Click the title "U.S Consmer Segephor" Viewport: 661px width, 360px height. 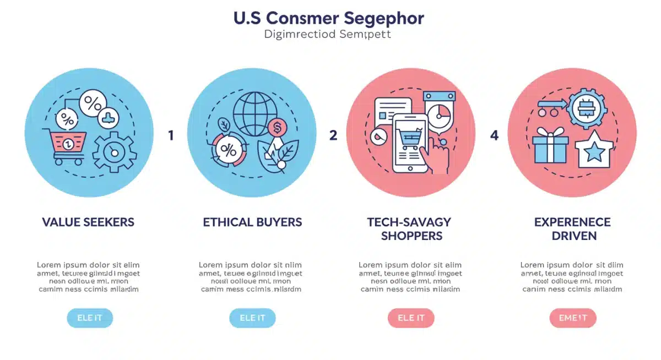tap(329, 18)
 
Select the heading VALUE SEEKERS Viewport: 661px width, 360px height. tap(88, 222)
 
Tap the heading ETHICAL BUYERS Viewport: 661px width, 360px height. tap(252, 222)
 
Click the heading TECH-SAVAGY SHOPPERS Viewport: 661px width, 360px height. tap(409, 229)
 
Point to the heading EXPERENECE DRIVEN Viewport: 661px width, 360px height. tap(572, 229)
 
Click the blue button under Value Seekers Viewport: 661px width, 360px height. tap(90, 318)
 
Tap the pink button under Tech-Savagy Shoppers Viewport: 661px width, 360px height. tap(411, 318)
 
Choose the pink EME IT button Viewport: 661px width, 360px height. tap(573, 318)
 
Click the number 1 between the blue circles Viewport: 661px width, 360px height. tap(171, 135)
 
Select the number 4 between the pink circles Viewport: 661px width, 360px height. tap(494, 135)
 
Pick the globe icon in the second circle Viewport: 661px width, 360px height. tap(254, 113)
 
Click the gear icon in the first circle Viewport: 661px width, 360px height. tap(115, 151)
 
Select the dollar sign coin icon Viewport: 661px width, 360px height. tap(277, 128)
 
